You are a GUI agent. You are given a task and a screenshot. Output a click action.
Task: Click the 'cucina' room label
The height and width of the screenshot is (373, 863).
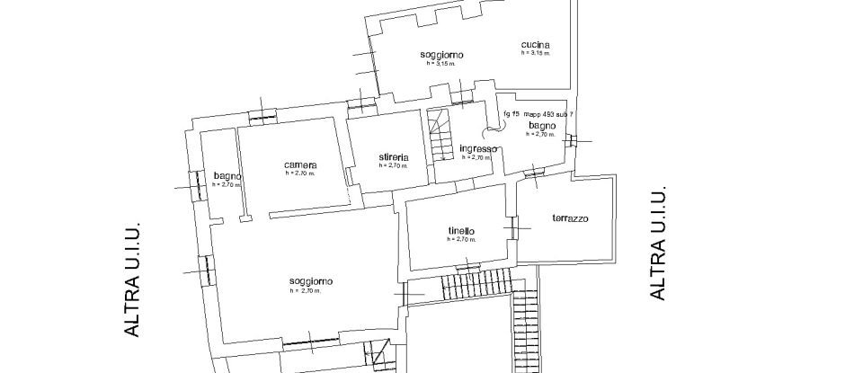(535, 45)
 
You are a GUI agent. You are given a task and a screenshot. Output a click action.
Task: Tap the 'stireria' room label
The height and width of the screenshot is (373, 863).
(393, 157)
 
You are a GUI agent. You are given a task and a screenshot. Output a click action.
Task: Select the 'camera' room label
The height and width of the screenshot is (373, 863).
(299, 164)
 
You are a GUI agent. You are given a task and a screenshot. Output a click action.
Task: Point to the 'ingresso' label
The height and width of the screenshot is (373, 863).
(477, 148)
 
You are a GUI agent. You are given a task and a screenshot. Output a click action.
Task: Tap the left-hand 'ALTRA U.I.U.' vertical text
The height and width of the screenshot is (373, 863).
(133, 280)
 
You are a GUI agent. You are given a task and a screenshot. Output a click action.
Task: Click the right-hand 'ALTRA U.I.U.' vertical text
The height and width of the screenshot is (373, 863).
(658, 243)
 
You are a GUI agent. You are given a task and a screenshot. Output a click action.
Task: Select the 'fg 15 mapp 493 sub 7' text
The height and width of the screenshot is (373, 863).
(539, 113)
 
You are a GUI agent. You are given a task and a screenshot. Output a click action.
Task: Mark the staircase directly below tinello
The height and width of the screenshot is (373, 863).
(475, 288)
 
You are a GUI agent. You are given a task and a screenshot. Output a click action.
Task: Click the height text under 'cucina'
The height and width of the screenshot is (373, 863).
(535, 54)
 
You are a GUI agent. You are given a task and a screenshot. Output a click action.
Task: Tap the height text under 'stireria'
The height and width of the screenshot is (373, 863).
(393, 166)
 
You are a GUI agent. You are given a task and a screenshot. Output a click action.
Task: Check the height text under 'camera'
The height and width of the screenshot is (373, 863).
(299, 173)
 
